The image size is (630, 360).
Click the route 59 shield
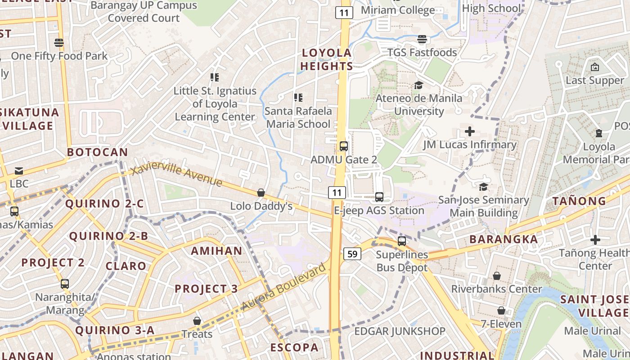352,254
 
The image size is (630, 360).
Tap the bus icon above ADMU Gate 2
344,146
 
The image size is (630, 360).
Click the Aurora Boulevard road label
283,287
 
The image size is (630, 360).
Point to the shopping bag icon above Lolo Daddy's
261,193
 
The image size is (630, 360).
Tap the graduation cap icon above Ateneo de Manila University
418,85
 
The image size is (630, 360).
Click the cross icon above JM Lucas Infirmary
470,131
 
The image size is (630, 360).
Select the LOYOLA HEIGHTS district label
327,59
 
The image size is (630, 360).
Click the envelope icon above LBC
19,171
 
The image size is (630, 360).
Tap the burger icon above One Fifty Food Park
59,43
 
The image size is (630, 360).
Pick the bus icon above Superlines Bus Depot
402,241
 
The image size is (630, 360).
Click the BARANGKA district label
504,239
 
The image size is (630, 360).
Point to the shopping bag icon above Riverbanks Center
497,275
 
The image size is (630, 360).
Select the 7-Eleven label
501,324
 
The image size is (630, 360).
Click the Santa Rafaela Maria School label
298,117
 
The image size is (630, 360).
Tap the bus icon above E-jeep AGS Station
379,197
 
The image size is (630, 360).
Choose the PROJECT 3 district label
206,289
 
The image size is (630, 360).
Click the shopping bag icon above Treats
197,321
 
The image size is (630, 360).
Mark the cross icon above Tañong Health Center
595,240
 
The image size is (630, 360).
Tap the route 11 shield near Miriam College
344,13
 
